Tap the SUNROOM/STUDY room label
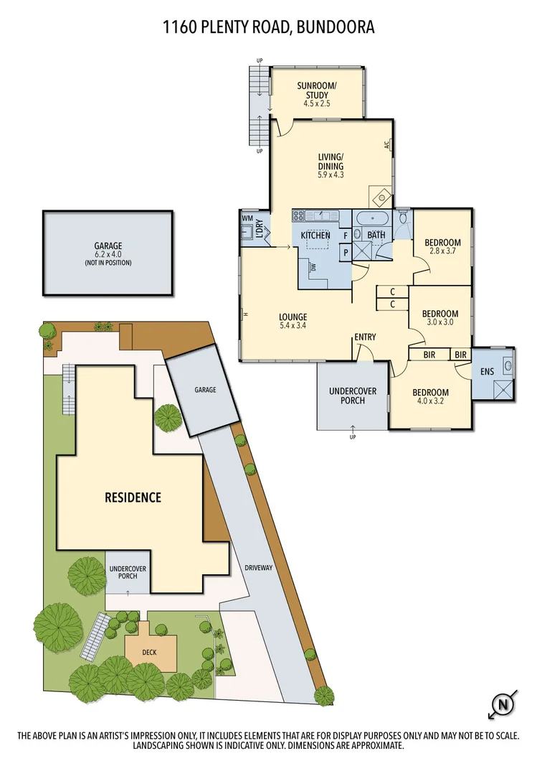point(316,90)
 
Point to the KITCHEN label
point(315,235)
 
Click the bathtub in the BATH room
point(372,219)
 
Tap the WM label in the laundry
point(247,218)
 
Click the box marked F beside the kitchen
point(346,235)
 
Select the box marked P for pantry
point(346,253)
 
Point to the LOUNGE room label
point(294,317)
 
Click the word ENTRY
point(365,337)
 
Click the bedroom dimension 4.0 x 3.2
point(430,402)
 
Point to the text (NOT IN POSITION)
point(108,263)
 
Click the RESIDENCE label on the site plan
point(133,497)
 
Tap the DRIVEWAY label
point(258,567)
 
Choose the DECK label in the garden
point(151,652)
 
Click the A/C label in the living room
point(386,145)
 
